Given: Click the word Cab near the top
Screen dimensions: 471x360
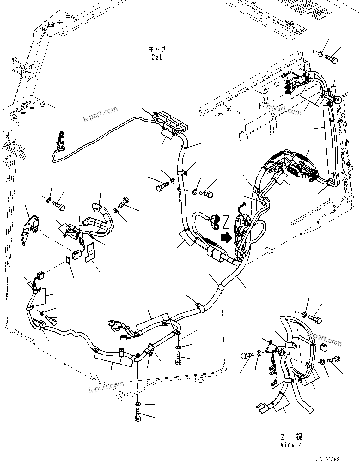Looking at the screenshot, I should pyautogui.click(x=157, y=57).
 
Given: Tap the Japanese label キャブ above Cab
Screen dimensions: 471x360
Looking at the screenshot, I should pyautogui.click(x=157, y=50).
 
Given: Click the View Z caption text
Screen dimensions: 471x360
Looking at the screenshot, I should pyautogui.click(x=291, y=444).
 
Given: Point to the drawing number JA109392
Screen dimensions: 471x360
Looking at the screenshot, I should pyautogui.click(x=327, y=460).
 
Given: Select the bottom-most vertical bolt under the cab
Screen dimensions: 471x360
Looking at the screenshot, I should pyautogui.click(x=137, y=415).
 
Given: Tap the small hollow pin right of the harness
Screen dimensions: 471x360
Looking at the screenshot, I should pyautogui.click(x=269, y=251).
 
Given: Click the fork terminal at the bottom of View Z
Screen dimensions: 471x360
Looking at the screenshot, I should pyautogui.click(x=262, y=407).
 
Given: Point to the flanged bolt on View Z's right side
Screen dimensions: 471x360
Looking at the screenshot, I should pyautogui.click(x=333, y=359).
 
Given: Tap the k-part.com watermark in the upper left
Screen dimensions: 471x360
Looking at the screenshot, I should pyautogui.click(x=100, y=114).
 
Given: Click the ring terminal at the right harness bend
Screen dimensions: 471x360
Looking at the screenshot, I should pyautogui.click(x=337, y=100).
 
